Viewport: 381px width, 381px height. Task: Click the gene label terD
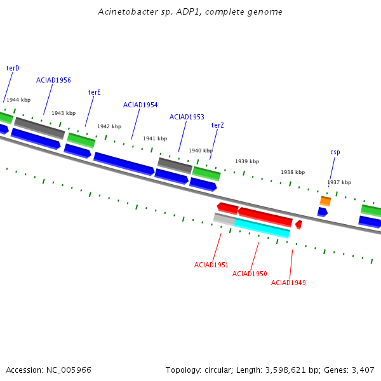pos(13,69)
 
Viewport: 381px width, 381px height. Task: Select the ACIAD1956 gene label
pos(53,80)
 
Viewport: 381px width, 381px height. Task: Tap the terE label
pos(94,92)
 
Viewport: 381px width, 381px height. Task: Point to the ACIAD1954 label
pos(140,105)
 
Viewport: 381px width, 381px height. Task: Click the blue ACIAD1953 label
pos(187,117)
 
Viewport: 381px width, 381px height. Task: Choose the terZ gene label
pos(217,125)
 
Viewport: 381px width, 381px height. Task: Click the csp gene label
pos(335,152)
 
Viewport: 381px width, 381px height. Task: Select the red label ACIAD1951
pos(211,265)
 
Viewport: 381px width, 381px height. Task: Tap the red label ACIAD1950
pos(250,274)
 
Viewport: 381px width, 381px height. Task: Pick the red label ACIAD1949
pos(288,283)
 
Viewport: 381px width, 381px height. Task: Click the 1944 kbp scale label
pos(18,100)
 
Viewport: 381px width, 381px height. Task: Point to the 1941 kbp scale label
pos(155,138)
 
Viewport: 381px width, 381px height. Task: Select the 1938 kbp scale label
pos(293,172)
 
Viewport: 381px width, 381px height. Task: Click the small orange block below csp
pos(325,201)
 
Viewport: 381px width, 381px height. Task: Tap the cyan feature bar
pos(262,228)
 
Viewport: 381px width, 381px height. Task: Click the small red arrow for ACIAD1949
pos(299,225)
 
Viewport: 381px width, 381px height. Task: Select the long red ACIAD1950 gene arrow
pos(265,217)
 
